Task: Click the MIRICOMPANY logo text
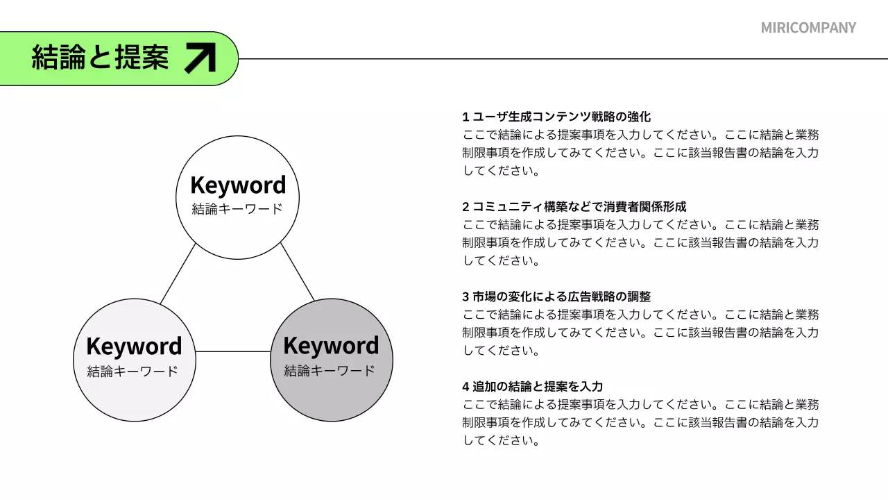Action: click(808, 28)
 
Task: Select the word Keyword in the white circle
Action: click(237, 185)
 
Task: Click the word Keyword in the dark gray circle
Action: click(331, 346)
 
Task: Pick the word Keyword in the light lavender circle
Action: click(134, 347)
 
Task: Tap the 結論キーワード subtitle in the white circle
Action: click(237, 208)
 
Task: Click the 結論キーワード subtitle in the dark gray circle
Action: click(330, 370)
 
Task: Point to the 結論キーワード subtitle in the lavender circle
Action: click(133, 371)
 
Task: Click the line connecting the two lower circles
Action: click(232, 351)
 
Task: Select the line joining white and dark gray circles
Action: click(298, 272)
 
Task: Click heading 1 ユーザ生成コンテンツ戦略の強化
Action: click(561, 117)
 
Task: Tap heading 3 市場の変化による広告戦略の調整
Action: click(561, 297)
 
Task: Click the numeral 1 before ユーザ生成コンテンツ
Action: click(466, 117)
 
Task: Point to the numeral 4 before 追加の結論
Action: click(466, 386)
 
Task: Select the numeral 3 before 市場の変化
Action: click(466, 297)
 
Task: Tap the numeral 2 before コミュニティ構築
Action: click(466, 206)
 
